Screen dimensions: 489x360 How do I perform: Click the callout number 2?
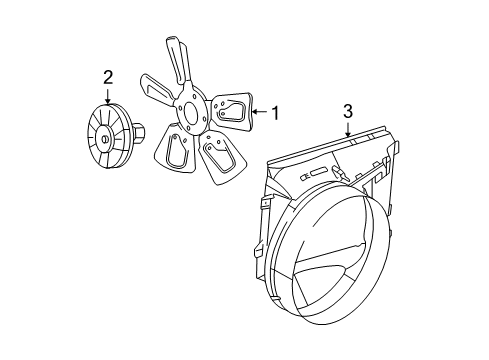pyautogui.click(x=108, y=77)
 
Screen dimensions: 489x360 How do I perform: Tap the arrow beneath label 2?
pyautogui.click(x=108, y=94)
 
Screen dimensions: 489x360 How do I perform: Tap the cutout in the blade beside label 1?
pyautogui.click(x=232, y=111)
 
